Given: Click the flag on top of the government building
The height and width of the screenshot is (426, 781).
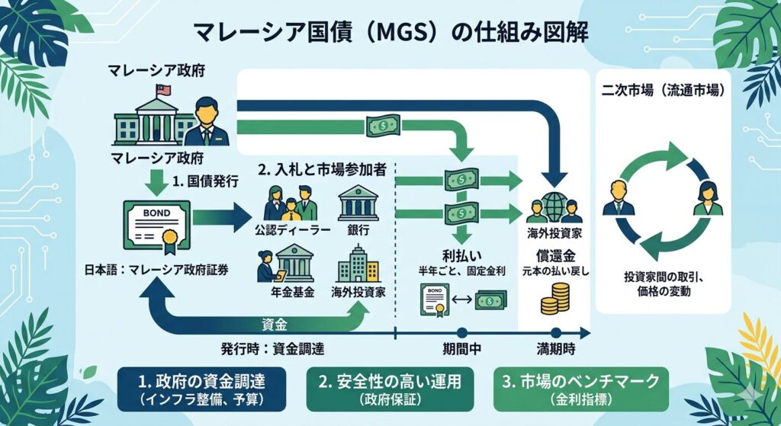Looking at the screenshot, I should tap(162, 91).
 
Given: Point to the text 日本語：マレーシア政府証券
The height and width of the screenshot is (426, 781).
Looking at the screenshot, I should tap(157, 270).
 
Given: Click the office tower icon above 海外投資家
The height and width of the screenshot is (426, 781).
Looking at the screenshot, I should tap(358, 264).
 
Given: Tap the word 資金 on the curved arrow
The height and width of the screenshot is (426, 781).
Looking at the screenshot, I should tap(274, 325).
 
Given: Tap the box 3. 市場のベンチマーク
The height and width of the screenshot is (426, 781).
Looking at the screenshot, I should tap(575, 389).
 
